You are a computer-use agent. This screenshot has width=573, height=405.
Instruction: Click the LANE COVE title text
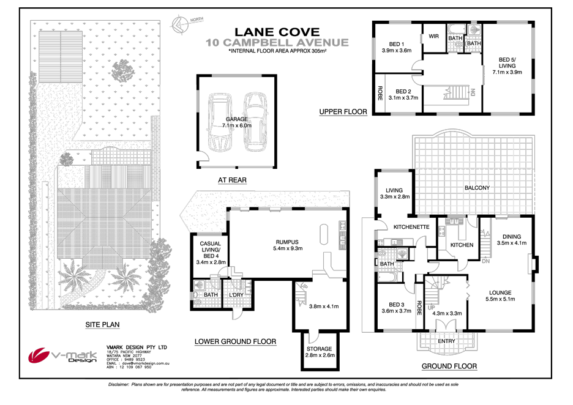277,32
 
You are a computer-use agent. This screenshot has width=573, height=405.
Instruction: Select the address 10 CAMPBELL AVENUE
277,43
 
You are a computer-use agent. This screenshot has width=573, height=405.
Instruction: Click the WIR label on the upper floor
433,37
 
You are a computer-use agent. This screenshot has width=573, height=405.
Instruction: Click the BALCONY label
477,188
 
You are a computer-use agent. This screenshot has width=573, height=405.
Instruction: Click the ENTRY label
446,341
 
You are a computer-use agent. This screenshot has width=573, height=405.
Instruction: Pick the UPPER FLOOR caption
343,112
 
